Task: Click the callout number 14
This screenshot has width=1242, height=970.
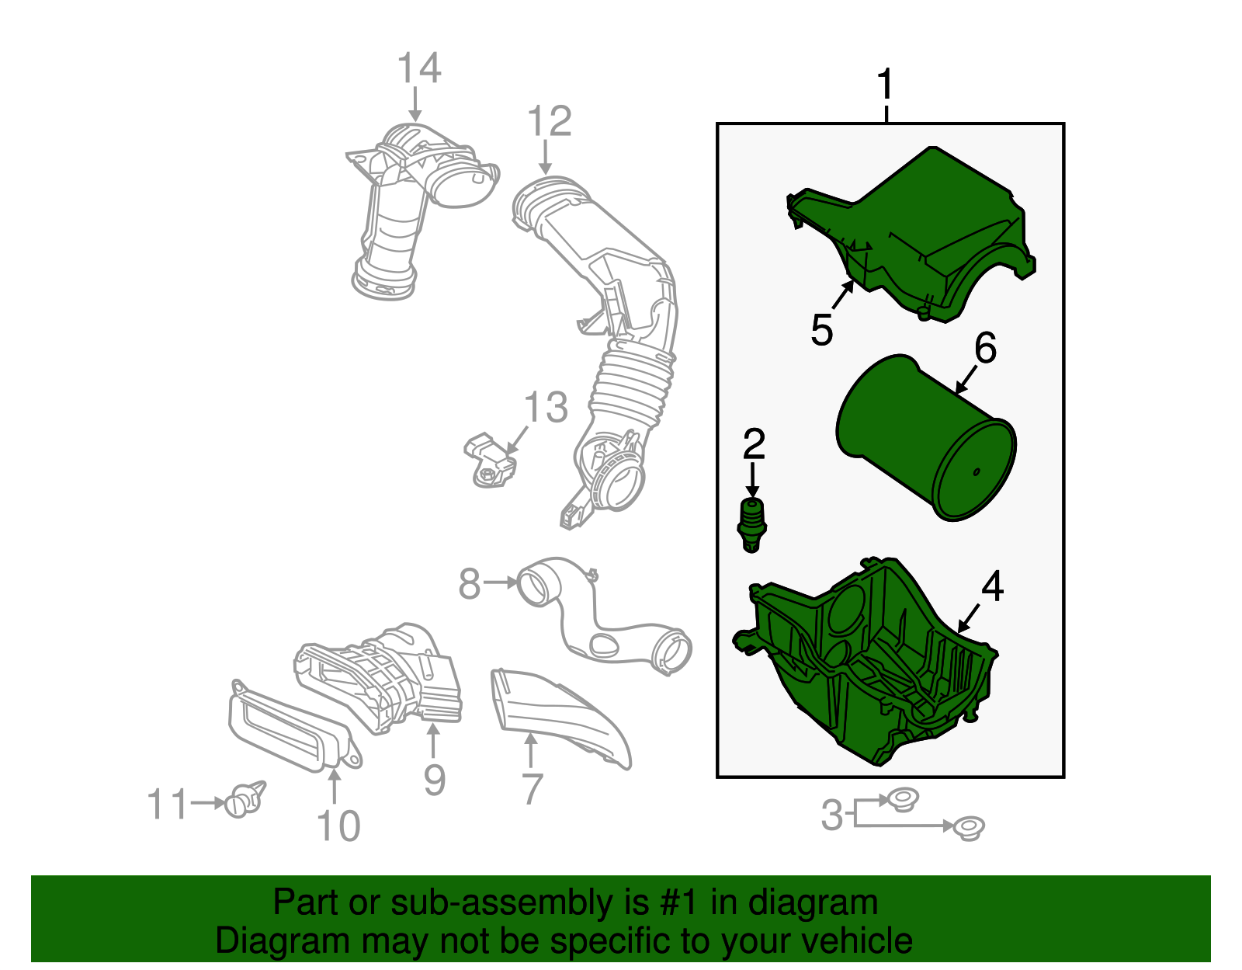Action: pyautogui.click(x=419, y=68)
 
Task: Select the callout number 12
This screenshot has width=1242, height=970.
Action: pyautogui.click(x=549, y=120)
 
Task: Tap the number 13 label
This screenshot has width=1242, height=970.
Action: pyautogui.click(x=546, y=407)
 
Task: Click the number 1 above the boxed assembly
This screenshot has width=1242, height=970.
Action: pyautogui.click(x=885, y=85)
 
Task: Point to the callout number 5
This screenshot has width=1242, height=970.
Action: pyautogui.click(x=822, y=329)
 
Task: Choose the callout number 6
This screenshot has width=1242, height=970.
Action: pyautogui.click(x=985, y=347)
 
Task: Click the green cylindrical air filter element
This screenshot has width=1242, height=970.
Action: pyautogui.click(x=926, y=438)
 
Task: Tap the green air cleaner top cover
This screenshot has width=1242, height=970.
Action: pyautogui.click(x=911, y=235)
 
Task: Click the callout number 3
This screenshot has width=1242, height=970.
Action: pyautogui.click(x=831, y=815)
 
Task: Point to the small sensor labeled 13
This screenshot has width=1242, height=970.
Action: pyautogui.click(x=490, y=461)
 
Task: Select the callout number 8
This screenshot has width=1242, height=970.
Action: pyautogui.click(x=470, y=583)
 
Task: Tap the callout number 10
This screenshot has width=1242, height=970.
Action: pyautogui.click(x=338, y=826)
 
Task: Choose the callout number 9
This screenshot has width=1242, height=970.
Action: pyautogui.click(x=435, y=780)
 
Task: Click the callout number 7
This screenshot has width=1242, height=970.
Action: pyautogui.click(x=533, y=789)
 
